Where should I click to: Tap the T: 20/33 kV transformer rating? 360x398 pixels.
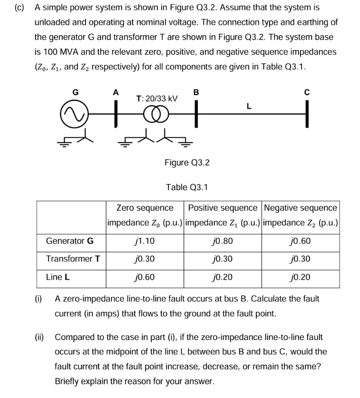click(x=156, y=98)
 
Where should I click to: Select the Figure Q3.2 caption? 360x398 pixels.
click(x=187, y=163)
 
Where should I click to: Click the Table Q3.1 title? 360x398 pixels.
click(x=187, y=187)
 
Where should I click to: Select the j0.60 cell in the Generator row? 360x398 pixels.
click(x=300, y=241)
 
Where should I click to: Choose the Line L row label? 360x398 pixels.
click(x=58, y=277)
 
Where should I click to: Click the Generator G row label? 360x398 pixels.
click(x=70, y=241)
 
